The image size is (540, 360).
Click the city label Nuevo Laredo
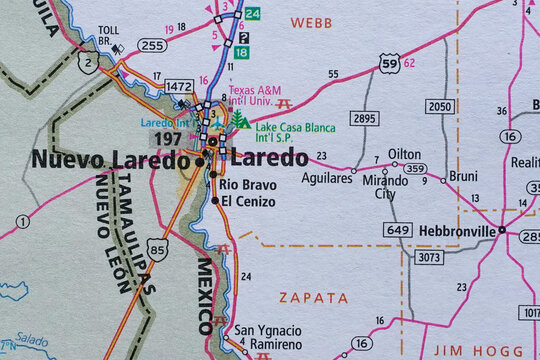tap(110, 160)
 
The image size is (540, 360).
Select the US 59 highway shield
tap(390, 65)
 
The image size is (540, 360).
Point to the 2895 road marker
tap(366, 118)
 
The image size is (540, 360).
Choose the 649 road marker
tap(397, 230)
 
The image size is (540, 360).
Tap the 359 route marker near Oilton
tap(415, 169)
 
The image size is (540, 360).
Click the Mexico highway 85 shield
tap(157, 249)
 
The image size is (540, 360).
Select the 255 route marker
tap(152, 45)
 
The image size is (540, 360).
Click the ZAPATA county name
tap(313, 298)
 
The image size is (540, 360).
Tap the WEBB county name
tap(311, 21)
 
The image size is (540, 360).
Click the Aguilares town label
tap(327, 177)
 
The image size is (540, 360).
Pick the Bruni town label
tap(463, 175)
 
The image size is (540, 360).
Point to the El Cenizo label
tap(248, 201)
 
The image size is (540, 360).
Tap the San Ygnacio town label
tap(267, 330)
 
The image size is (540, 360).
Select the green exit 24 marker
tap(253, 13)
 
